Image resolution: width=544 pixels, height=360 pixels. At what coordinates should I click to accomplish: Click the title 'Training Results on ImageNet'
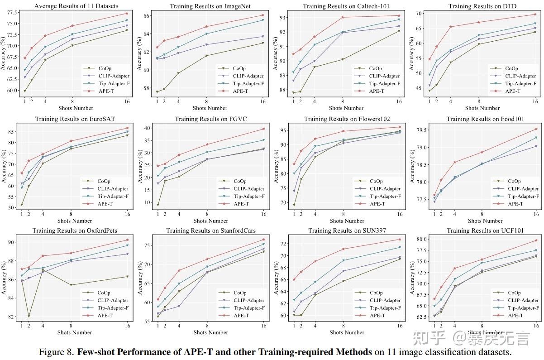(210, 6)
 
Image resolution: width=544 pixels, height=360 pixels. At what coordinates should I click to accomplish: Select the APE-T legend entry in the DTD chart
(512, 91)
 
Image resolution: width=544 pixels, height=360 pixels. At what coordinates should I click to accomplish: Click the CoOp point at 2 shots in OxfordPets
(29, 316)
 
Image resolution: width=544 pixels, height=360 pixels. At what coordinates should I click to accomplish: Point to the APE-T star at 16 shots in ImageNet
(262, 15)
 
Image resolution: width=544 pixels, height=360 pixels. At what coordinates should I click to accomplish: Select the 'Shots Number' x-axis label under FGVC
(210, 221)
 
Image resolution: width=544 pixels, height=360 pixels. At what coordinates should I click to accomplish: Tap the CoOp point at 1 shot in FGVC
(157, 205)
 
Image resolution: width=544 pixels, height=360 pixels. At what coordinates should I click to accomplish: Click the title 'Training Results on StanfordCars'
(210, 230)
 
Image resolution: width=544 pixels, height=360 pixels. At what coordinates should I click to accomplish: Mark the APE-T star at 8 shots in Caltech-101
(343, 17)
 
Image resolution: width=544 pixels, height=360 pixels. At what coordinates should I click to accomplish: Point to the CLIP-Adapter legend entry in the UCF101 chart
(520, 300)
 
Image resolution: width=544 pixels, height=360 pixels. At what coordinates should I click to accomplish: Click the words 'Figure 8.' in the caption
(57, 352)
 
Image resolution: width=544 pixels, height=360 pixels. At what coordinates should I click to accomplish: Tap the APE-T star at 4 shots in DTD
(450, 27)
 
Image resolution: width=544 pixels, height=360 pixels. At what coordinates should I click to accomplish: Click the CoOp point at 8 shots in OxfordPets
(71, 285)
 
